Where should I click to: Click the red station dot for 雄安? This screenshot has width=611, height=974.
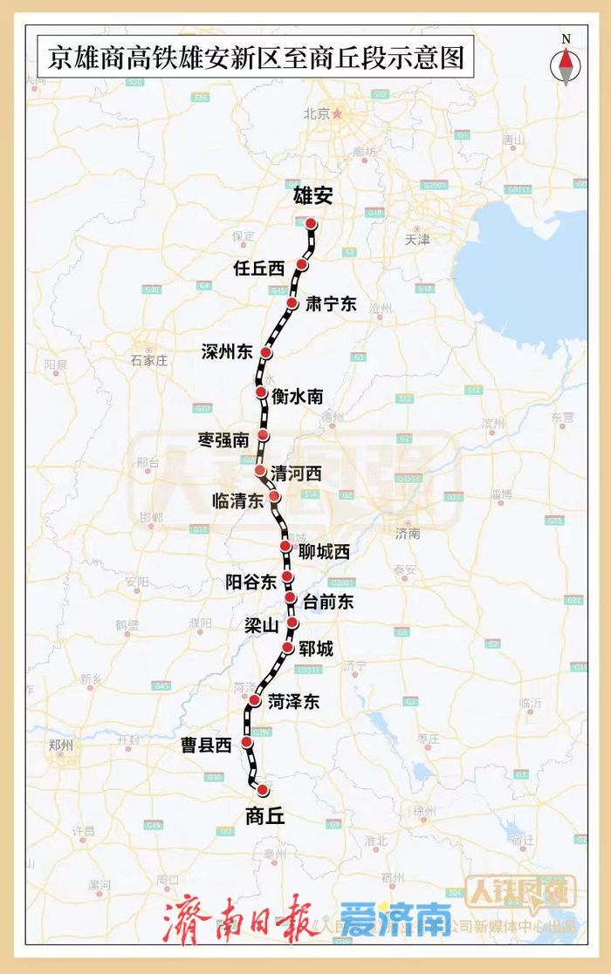[x=311, y=224]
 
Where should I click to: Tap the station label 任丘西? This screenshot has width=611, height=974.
[x=260, y=268]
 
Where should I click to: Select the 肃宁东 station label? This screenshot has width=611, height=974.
[x=331, y=304]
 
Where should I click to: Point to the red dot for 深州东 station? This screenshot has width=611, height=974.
[x=266, y=353]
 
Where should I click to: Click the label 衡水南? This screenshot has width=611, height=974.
[x=297, y=397]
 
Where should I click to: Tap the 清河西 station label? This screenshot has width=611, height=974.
[x=296, y=474]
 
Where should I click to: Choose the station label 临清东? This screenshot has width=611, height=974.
[x=237, y=501]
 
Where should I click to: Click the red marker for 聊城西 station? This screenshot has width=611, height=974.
[x=285, y=546]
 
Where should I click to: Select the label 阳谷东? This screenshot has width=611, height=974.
[x=251, y=580]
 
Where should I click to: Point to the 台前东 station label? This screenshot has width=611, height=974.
[x=328, y=601]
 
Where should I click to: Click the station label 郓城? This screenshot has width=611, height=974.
[x=314, y=648]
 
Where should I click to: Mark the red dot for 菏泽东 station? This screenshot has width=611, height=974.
[x=255, y=700]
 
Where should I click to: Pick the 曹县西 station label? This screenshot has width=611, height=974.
[x=206, y=745]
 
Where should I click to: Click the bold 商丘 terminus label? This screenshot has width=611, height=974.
[x=265, y=816]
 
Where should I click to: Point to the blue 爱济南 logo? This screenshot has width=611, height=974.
[x=396, y=918]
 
